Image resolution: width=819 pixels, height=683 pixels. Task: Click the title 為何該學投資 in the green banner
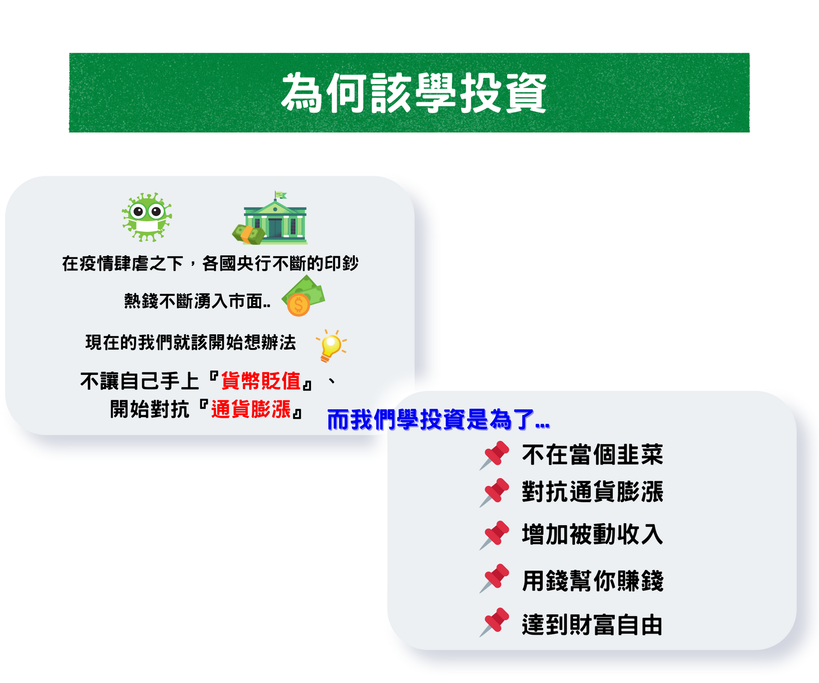click(414, 93)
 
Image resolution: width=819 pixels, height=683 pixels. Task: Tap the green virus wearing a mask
click(147, 217)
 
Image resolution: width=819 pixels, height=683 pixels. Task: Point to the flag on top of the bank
click(281, 195)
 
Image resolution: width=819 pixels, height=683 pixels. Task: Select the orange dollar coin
click(298, 305)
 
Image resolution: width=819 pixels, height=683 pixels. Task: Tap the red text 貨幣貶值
click(261, 381)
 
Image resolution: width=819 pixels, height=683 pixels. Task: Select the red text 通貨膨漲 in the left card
click(251, 409)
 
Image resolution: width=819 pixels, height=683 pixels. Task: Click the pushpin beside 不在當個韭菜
click(495, 455)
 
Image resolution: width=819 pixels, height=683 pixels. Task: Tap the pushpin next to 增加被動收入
click(495, 535)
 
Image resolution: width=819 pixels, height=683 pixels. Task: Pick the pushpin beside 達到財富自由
click(495, 622)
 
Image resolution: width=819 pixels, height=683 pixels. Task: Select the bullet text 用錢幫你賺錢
click(592, 581)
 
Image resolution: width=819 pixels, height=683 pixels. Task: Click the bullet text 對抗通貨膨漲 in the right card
click(592, 492)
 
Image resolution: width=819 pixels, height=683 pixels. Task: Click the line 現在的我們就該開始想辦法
click(191, 343)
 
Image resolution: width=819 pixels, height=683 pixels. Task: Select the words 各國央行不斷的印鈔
click(280, 263)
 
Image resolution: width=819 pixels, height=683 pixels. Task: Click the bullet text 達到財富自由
click(592, 625)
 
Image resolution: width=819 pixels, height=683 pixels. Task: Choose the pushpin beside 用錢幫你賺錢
click(495, 579)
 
